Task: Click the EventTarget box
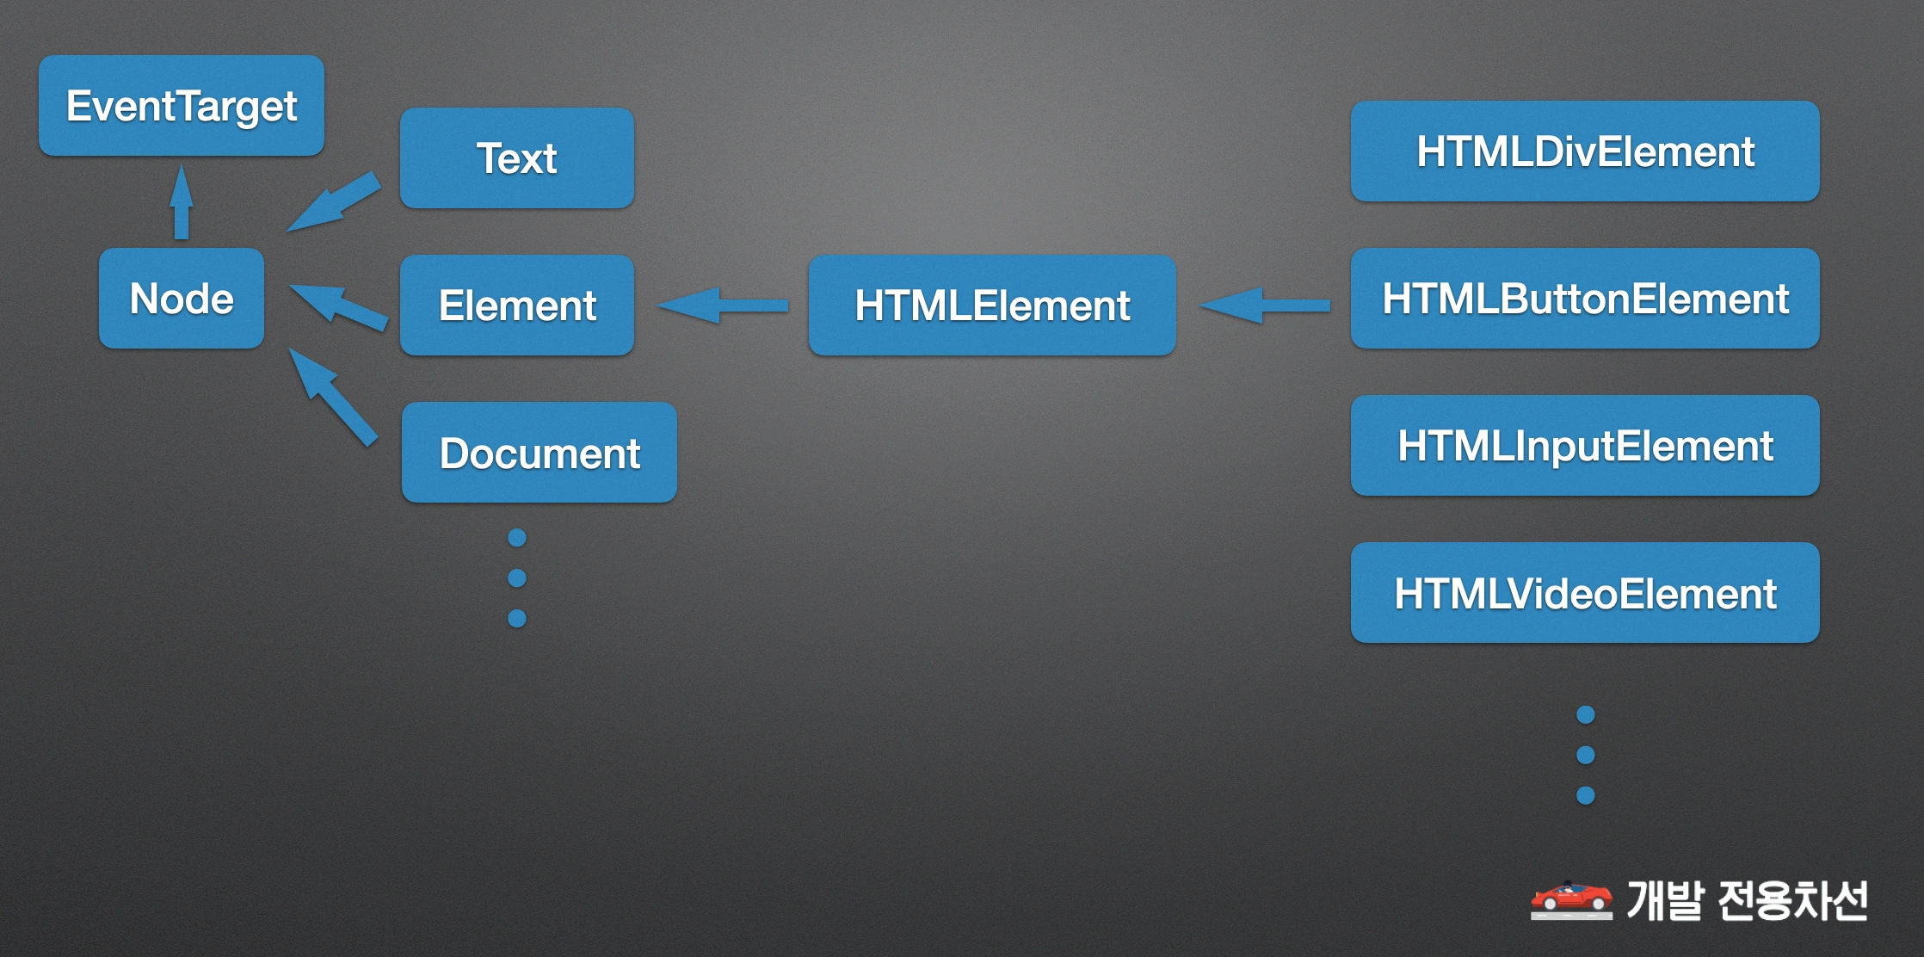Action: (182, 106)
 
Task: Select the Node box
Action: (182, 299)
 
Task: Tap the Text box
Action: (517, 158)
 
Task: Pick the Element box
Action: (517, 306)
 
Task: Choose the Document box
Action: (540, 453)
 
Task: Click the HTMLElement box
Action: (992, 306)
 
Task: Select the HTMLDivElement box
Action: (1585, 151)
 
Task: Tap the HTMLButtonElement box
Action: (1585, 299)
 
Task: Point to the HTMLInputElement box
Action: (1585, 446)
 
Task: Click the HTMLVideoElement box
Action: (1585, 593)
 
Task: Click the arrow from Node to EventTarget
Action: (182, 202)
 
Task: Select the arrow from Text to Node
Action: (333, 202)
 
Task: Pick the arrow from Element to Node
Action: (338, 307)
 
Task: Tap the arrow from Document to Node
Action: (333, 398)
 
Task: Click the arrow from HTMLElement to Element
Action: (723, 306)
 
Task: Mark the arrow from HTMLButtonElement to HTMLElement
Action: (1264, 306)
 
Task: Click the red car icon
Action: (1571, 900)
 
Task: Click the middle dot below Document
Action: (517, 578)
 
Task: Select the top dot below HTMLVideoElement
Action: (1586, 715)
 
